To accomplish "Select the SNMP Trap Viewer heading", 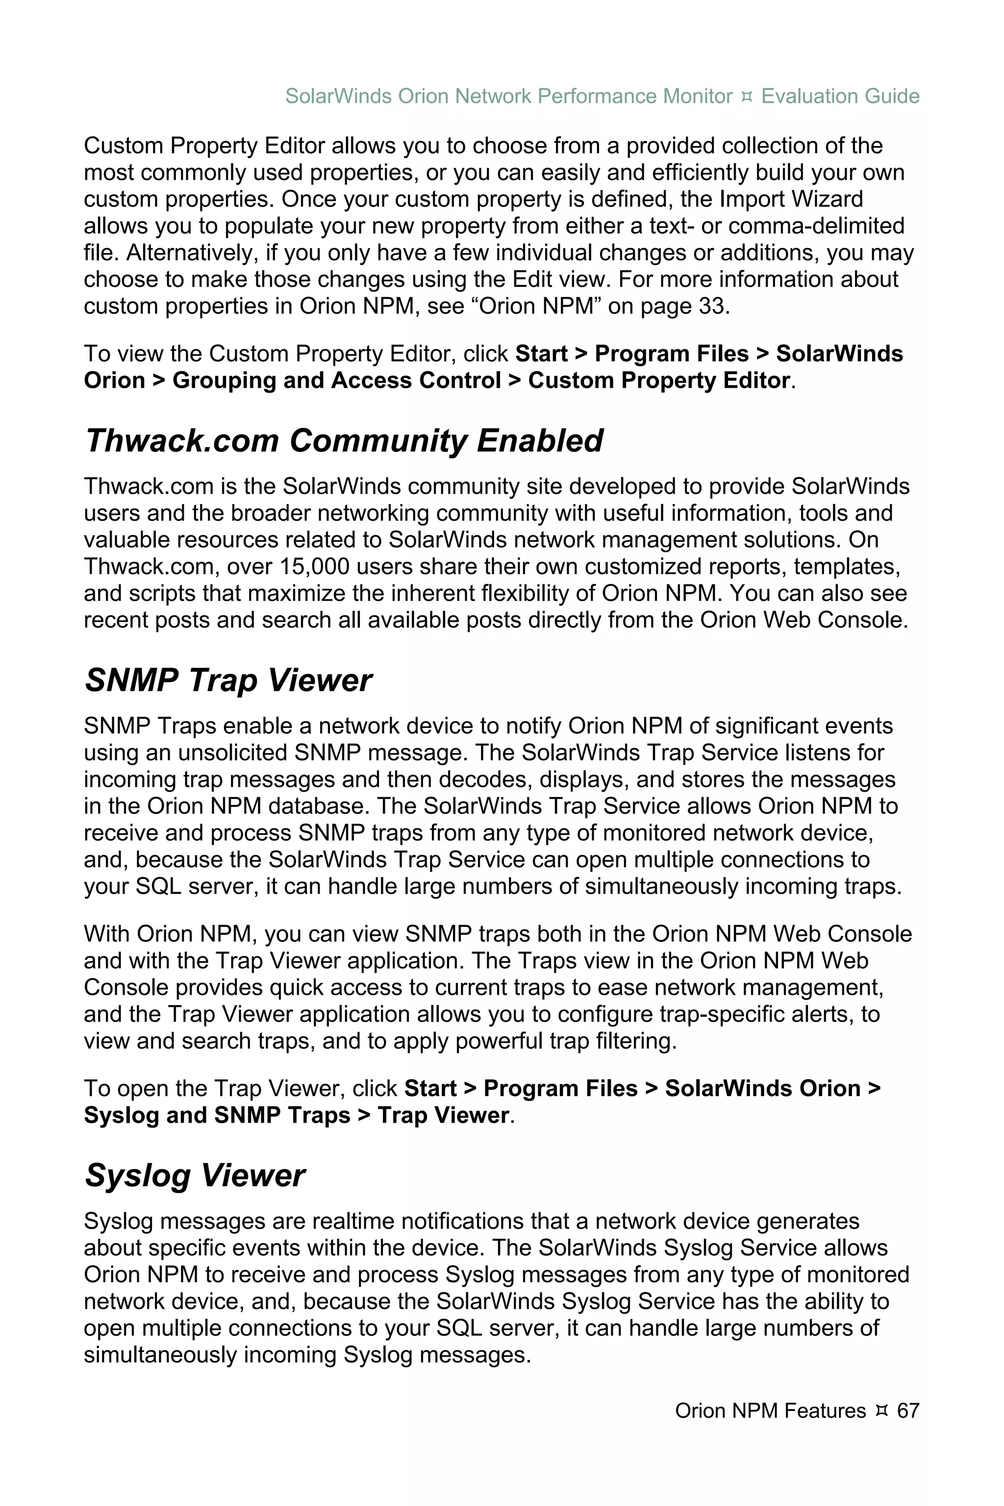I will click(228, 680).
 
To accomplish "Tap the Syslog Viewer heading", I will click(195, 1176).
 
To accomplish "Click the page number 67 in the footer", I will click(908, 1410).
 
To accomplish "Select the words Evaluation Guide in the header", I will click(840, 96).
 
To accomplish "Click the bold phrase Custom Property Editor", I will click(658, 380).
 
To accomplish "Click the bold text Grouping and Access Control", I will click(336, 380).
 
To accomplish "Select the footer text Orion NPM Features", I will click(770, 1410).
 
